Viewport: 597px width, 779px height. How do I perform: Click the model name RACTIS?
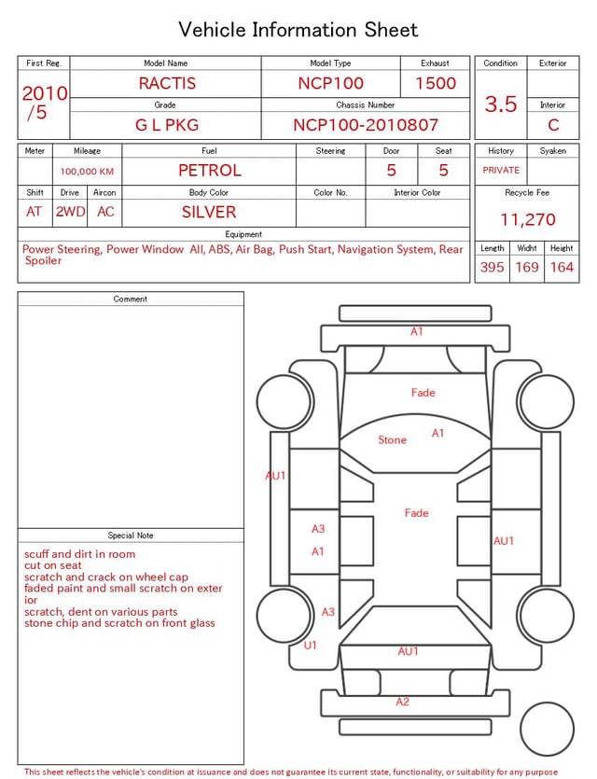pos(167,83)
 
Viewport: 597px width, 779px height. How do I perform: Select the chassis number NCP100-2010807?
pos(366,125)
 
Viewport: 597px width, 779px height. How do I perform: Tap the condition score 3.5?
pos(501,104)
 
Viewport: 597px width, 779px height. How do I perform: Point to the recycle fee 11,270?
pos(527,219)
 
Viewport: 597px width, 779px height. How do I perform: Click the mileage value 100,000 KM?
pos(87,172)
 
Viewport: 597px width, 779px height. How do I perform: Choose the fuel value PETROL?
pos(210,171)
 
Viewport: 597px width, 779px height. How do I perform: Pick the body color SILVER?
pos(209,212)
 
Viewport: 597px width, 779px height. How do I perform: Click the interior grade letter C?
pos(553,125)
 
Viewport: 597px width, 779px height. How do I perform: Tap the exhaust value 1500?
pos(436,83)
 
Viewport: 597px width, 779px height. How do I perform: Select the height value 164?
pos(562,267)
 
